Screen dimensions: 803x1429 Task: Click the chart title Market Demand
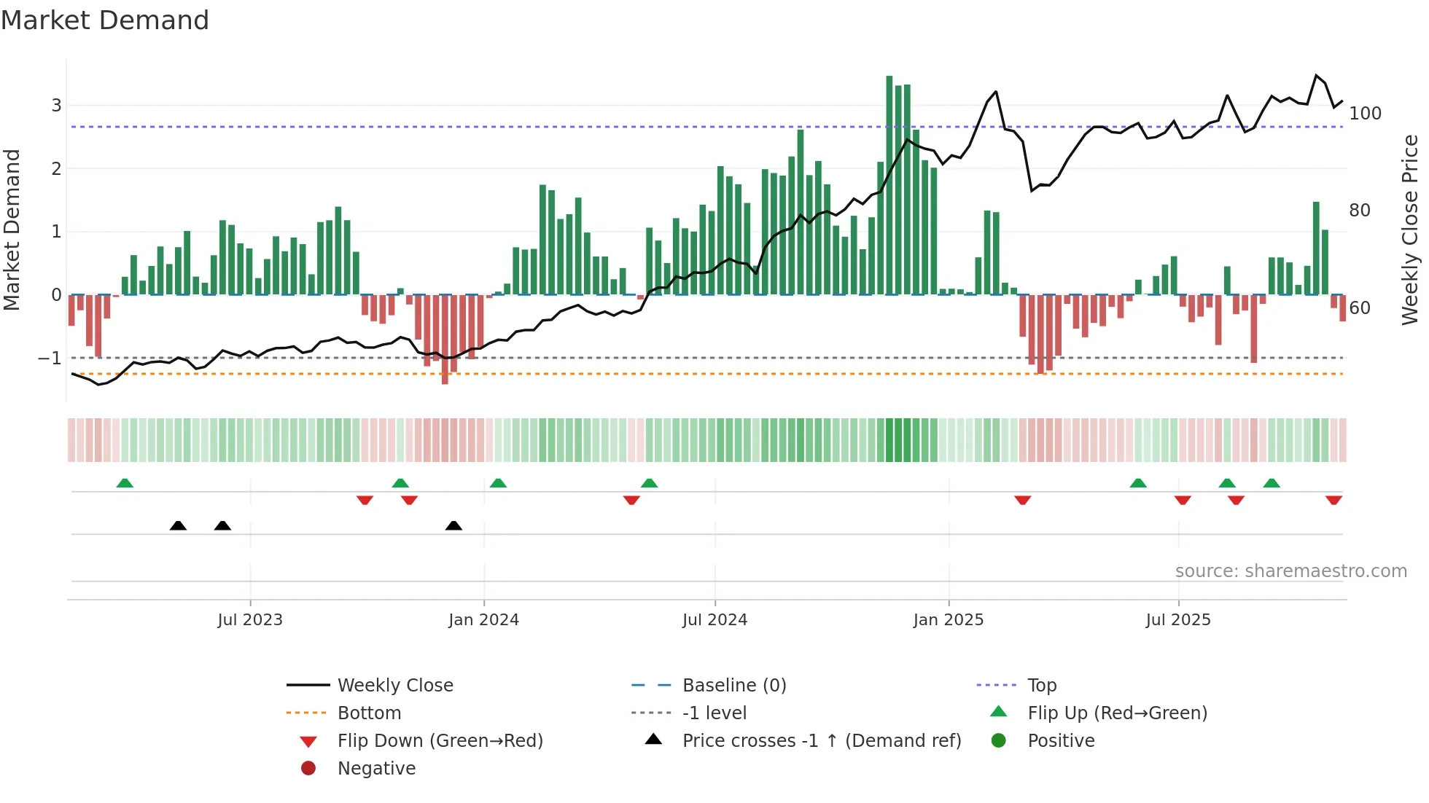point(105,20)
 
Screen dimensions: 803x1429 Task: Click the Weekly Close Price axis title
point(1410,230)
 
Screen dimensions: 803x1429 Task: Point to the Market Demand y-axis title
point(12,230)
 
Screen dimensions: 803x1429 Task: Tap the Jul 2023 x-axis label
point(250,620)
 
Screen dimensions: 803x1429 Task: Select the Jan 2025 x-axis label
point(948,620)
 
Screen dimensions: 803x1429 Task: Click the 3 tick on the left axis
point(56,106)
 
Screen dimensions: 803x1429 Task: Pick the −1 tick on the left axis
point(50,359)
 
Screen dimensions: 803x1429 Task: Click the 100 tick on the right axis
point(1365,114)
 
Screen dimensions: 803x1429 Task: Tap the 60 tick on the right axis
point(1360,308)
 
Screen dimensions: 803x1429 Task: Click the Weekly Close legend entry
point(394,686)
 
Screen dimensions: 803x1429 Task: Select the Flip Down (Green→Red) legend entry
point(440,741)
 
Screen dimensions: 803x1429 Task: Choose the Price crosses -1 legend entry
point(821,741)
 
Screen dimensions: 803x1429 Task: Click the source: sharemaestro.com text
point(1290,571)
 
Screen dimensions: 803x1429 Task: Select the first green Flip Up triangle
point(125,483)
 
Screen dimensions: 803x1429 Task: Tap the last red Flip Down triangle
point(1333,500)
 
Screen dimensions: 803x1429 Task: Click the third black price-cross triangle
point(453,525)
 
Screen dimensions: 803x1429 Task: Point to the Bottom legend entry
point(369,713)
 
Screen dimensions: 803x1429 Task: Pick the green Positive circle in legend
point(999,741)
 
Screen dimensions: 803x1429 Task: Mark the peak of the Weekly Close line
point(1316,75)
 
